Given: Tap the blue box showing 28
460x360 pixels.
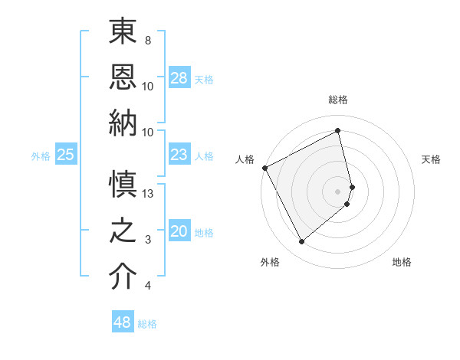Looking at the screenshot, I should point(179,77).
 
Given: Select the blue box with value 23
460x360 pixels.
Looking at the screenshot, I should point(179,155).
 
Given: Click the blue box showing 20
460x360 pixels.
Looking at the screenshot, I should point(179,232).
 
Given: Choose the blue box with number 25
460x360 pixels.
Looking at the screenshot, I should point(66,155).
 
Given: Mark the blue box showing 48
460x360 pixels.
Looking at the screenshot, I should point(123,322).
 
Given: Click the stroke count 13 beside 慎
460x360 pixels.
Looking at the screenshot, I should point(149,194).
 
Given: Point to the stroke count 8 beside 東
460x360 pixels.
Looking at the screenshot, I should point(147,40).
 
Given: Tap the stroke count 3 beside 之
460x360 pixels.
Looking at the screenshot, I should point(147,240).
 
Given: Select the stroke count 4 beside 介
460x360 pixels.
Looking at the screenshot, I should point(147,286).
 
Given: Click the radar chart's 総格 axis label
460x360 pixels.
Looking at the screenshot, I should point(338,100).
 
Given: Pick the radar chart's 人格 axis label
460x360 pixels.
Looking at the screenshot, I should point(245,159).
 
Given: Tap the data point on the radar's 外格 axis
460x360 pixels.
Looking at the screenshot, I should point(301,242).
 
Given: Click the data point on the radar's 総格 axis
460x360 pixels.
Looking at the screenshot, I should point(338,130).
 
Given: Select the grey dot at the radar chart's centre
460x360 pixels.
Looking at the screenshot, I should point(338,191).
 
